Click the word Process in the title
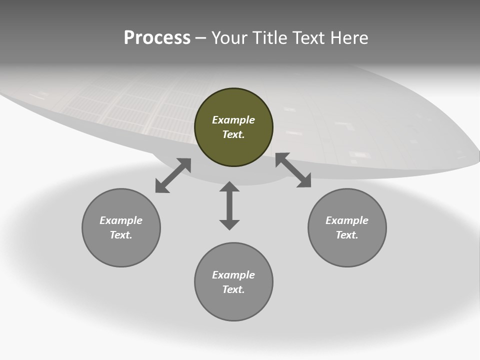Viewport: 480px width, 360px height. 157,38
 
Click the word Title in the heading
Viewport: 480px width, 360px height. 269,38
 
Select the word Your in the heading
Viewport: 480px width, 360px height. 229,38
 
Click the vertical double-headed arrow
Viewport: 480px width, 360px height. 229,205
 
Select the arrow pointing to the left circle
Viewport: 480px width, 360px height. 173,175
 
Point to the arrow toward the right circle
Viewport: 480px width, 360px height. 293,170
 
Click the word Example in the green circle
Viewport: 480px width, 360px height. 233,120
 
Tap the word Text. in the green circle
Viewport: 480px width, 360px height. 233,134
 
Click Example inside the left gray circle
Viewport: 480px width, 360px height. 121,220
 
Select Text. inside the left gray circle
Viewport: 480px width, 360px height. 121,235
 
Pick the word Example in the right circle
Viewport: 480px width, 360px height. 347,220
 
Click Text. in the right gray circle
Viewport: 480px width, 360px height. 347,235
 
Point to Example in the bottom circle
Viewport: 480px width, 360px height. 233,275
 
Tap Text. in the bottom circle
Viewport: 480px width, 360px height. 233,289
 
